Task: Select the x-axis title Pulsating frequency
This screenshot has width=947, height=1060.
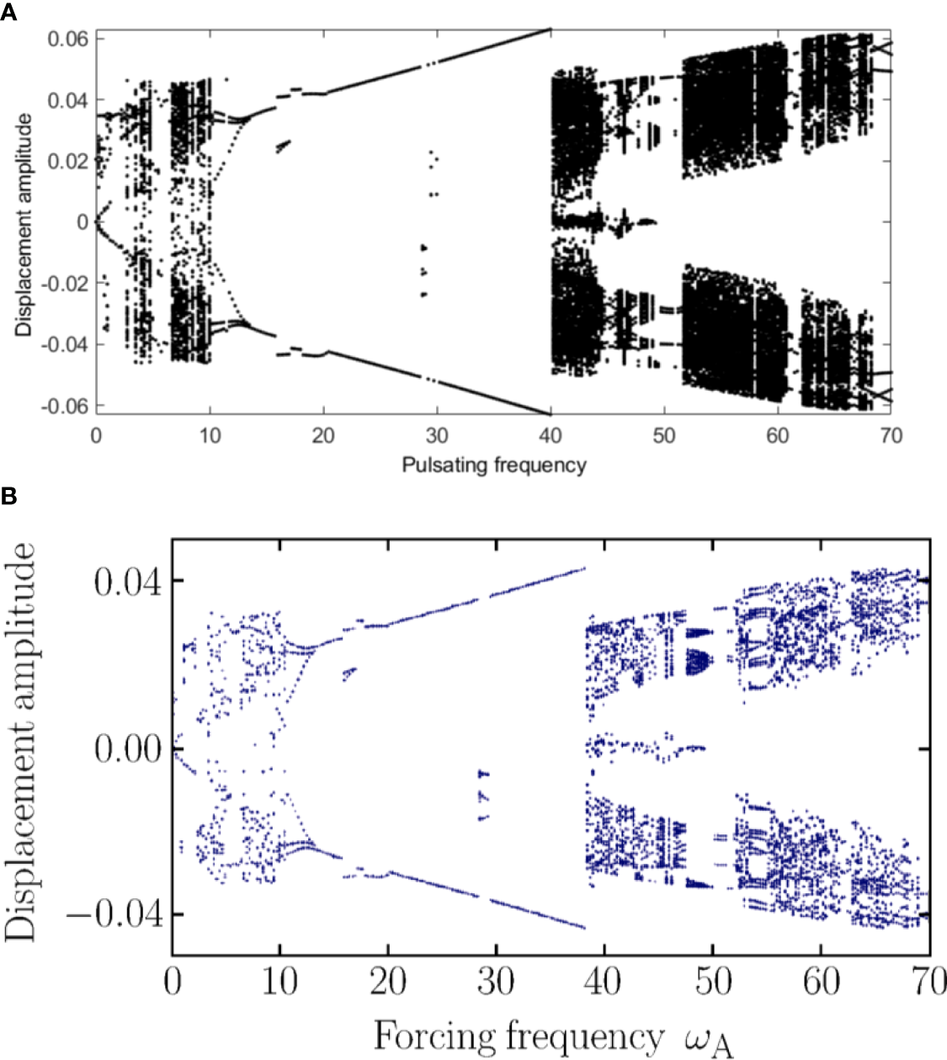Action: [x=493, y=465]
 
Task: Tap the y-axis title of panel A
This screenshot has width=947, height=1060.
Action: [x=24, y=225]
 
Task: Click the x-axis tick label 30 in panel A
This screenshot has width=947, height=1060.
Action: [x=437, y=435]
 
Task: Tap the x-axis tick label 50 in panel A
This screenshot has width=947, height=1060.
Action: [x=664, y=435]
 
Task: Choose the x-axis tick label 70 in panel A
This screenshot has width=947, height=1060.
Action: [x=891, y=435]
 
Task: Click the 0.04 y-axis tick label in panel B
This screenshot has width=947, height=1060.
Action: [x=126, y=582]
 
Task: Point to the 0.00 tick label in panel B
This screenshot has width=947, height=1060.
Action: [x=126, y=748]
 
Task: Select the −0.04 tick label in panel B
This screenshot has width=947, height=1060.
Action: [x=114, y=914]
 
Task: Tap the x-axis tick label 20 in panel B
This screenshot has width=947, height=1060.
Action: [x=388, y=982]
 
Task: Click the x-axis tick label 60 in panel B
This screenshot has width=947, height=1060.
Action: [x=821, y=982]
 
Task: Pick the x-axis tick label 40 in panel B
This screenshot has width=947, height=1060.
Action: [x=604, y=982]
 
